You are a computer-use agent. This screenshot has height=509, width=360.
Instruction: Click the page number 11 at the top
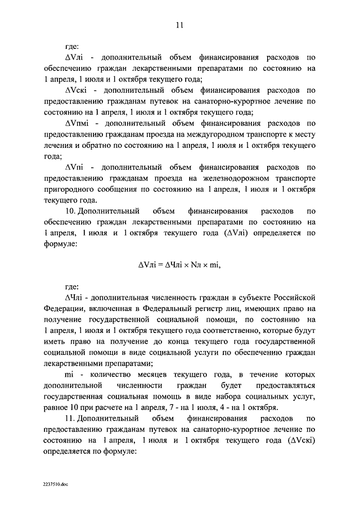point(179,25)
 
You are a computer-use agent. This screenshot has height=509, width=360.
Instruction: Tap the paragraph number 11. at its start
point(70,419)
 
